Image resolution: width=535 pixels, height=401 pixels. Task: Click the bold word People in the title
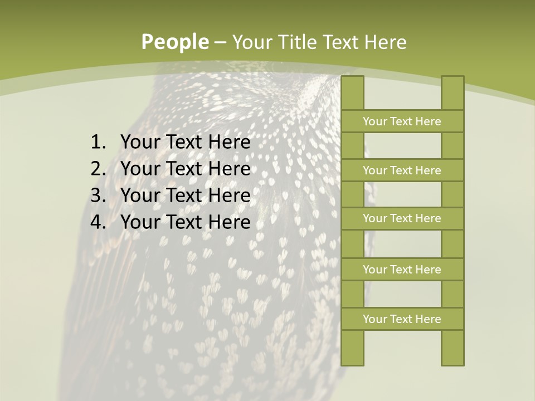pyautogui.click(x=175, y=42)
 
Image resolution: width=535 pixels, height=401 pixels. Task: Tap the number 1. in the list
pyautogui.click(x=98, y=143)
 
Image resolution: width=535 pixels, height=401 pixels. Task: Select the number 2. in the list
pyautogui.click(x=98, y=169)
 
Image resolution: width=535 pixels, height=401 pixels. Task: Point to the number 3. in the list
pyautogui.click(x=98, y=195)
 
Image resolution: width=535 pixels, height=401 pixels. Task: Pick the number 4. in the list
pyautogui.click(x=98, y=222)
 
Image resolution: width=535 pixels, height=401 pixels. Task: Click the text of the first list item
pyautogui.click(x=185, y=143)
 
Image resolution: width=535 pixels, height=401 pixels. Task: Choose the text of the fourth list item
pyautogui.click(x=185, y=222)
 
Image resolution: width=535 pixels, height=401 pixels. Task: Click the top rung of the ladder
pyautogui.click(x=402, y=121)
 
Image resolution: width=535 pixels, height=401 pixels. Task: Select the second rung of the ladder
pyautogui.click(x=402, y=170)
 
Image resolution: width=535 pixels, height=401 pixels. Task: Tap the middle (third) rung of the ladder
pyautogui.click(x=402, y=218)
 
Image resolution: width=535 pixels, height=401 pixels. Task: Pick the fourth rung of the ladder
pyautogui.click(x=402, y=270)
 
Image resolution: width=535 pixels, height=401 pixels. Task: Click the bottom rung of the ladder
pyautogui.click(x=402, y=319)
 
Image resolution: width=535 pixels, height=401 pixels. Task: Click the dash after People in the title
pyautogui.click(x=220, y=42)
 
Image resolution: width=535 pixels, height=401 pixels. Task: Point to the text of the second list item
pyautogui.click(x=185, y=169)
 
